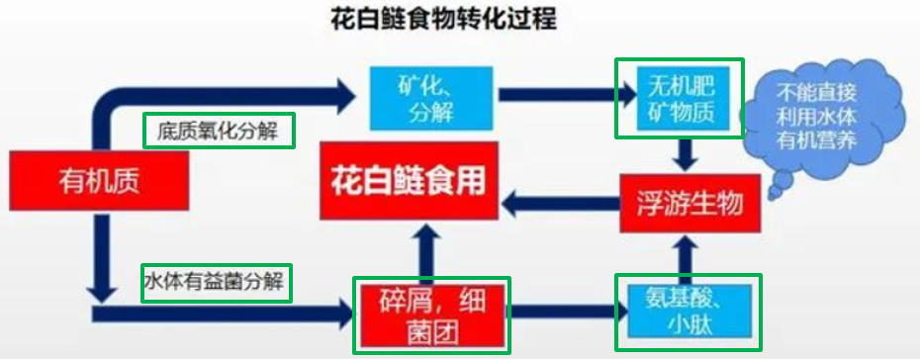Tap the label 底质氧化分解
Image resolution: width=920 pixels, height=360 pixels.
[x=219, y=132]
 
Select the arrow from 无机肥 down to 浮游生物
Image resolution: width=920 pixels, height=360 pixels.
[x=683, y=151]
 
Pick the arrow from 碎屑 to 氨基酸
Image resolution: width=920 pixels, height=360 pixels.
[x=561, y=315]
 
